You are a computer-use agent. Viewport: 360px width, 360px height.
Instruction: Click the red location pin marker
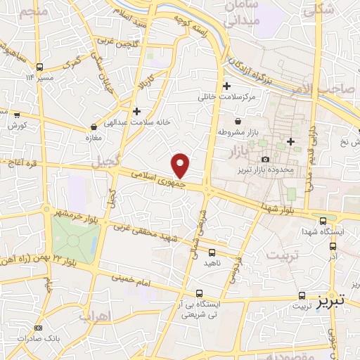point(181,165)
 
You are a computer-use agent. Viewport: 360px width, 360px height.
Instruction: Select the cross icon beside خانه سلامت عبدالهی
point(137,111)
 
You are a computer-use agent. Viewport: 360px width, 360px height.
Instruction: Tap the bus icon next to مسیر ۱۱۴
point(39,68)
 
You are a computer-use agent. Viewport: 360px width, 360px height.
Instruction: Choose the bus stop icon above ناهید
point(212,252)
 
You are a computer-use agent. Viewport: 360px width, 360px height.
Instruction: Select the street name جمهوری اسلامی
point(155,176)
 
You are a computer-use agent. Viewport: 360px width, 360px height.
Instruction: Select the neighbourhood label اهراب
point(95,316)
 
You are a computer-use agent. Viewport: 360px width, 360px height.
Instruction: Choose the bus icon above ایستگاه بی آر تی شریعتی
point(199,294)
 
